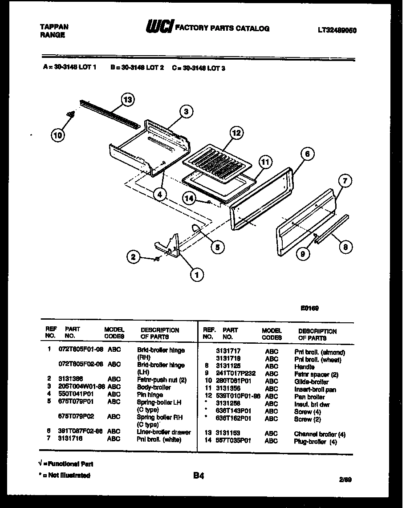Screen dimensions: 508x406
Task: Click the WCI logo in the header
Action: click(159, 28)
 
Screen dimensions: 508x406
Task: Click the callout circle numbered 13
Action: click(128, 100)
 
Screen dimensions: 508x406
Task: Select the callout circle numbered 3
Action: click(187, 112)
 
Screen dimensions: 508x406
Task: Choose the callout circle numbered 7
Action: click(345, 181)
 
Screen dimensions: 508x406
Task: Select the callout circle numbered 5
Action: click(217, 247)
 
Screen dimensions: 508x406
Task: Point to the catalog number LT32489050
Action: click(337, 30)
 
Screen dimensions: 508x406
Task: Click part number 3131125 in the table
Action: click(228, 366)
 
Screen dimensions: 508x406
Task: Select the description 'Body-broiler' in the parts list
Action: click(154, 387)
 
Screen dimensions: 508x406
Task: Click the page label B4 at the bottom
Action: click(199, 476)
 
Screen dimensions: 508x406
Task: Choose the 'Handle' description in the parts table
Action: click(304, 367)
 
